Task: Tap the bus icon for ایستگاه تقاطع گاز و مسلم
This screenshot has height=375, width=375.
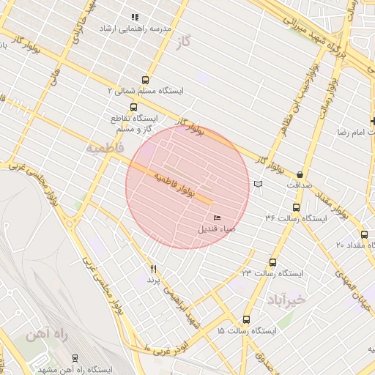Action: point(133,107)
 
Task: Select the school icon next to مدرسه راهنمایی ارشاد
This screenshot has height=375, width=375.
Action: point(134,17)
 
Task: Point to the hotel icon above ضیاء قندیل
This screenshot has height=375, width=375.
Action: point(217,218)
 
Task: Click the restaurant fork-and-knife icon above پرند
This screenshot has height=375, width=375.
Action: point(153,270)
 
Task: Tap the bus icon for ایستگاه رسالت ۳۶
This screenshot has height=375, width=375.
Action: point(296,207)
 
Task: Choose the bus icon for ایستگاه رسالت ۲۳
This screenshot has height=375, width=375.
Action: point(273,262)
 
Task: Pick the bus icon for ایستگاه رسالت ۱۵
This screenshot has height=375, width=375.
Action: point(246,320)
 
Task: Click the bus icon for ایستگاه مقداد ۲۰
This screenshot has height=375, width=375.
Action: point(364,234)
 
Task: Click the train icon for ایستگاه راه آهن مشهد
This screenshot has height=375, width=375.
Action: point(75,357)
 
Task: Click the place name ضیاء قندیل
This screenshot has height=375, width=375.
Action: point(217,229)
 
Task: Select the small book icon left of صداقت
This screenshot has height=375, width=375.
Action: point(257,183)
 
